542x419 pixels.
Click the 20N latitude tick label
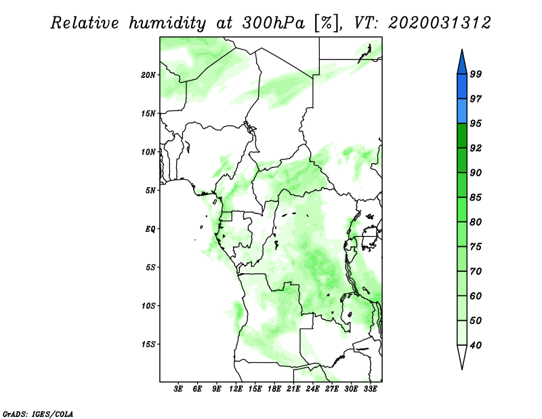148,75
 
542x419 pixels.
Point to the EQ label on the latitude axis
150,228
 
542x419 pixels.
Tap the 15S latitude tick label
148,344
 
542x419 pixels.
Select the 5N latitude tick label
150,191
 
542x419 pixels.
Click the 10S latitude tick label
148,306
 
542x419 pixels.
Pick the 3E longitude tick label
178,389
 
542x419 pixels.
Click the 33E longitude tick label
370,389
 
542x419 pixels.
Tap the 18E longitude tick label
274,389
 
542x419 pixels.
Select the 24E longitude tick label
312,389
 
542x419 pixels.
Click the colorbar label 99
476,74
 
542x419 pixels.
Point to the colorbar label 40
476,345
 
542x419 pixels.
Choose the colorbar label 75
476,247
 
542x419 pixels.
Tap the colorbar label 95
476,123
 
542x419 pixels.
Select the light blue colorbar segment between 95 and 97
462,111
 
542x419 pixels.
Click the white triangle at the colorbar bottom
462,355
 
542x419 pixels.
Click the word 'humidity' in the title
167,24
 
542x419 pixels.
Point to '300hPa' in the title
274,23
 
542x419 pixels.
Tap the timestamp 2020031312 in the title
439,23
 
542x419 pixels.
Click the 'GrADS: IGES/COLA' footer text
38,414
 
